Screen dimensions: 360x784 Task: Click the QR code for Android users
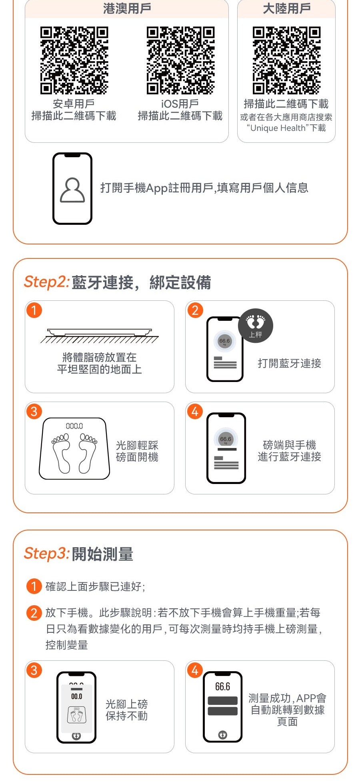click(74, 60)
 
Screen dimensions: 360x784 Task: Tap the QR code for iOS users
click(180, 60)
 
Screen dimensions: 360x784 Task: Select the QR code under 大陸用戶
click(286, 60)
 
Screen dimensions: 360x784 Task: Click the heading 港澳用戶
click(127, 8)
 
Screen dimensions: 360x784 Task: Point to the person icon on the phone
click(72, 190)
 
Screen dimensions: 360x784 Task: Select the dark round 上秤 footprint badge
click(256, 326)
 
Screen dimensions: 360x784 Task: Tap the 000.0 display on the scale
click(74, 426)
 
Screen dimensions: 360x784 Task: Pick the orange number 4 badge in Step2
click(195, 411)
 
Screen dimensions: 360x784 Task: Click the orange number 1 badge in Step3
click(34, 586)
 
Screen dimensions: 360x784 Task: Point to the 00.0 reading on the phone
click(76, 696)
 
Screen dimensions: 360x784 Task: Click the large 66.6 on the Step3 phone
click(222, 687)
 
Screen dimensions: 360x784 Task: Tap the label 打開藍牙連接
click(289, 363)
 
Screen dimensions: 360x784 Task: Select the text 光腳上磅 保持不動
click(126, 710)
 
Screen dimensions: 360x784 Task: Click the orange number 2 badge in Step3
click(34, 613)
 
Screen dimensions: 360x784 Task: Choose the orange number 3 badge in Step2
click(34, 411)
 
